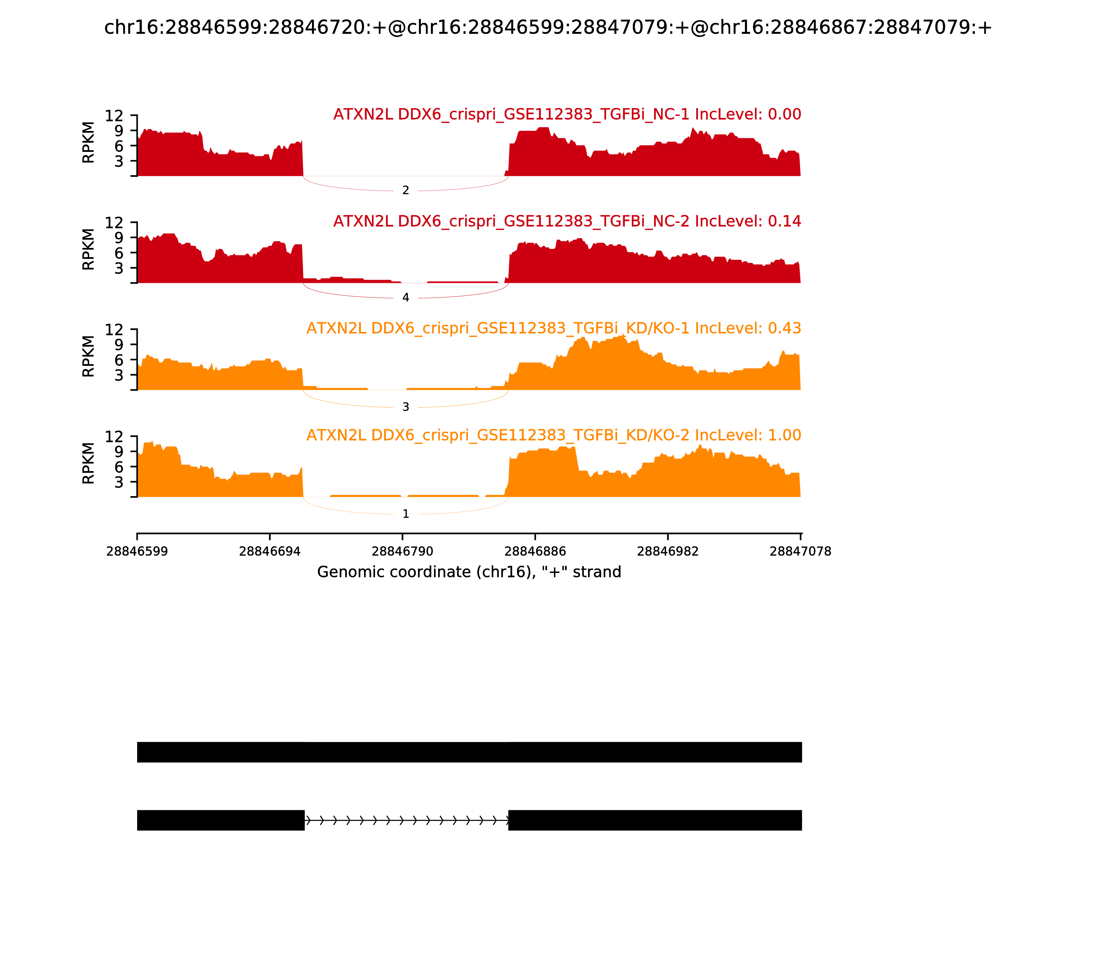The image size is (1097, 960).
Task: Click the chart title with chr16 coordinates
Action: (548, 27)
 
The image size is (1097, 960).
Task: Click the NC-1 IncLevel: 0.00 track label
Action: (567, 114)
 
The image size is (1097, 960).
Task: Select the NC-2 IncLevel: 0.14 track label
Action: (567, 221)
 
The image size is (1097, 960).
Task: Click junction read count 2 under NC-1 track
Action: (406, 190)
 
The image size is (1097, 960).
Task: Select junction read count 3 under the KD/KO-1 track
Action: (406, 407)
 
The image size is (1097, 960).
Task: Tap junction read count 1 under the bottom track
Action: (406, 514)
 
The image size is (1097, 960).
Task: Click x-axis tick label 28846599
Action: (137, 551)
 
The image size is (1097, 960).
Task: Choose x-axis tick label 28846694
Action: (269, 551)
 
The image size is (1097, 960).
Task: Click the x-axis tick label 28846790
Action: (402, 551)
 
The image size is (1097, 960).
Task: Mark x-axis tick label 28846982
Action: (667, 551)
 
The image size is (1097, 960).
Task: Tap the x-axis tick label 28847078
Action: (800, 551)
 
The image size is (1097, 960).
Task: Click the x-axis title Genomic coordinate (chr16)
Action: (469, 572)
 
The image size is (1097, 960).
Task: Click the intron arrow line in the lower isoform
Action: (406, 820)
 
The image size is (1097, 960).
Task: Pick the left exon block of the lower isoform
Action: (221, 820)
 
